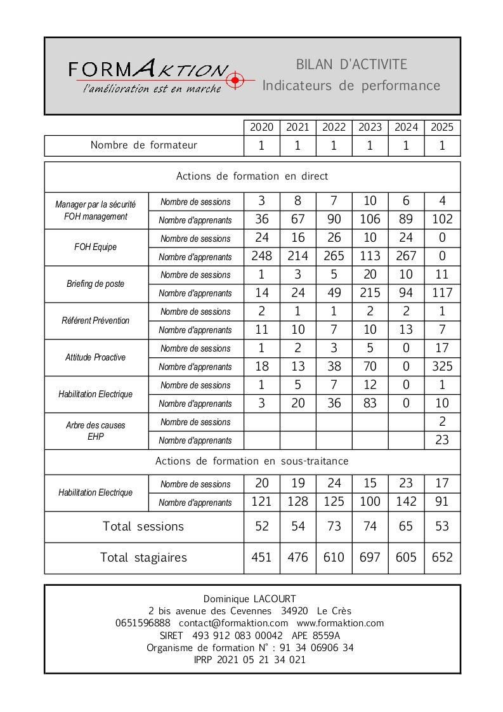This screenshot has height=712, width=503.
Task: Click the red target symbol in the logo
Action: [x=235, y=80]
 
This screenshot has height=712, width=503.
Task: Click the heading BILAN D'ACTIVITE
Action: [x=351, y=64]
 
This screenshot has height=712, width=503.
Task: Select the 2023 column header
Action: [x=370, y=127]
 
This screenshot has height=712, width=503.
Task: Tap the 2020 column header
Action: [x=261, y=127]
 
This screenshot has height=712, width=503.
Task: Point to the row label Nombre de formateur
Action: [x=144, y=145]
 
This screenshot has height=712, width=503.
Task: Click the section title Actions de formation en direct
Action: [x=252, y=176]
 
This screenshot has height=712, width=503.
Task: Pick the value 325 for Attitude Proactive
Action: [x=442, y=366]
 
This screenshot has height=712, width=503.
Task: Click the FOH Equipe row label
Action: [x=96, y=247]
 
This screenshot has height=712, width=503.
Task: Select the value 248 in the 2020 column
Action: [x=261, y=256]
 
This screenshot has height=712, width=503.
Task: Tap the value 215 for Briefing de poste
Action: [x=370, y=293]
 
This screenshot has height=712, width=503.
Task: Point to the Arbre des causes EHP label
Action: [x=96, y=430]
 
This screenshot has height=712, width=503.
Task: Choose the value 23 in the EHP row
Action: [x=442, y=440]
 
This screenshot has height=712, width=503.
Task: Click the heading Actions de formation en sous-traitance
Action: [x=252, y=461]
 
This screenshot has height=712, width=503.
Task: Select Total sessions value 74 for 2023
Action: [x=370, y=526]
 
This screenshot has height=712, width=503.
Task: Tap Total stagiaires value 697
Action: [x=370, y=557]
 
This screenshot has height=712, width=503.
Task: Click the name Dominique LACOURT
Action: [x=249, y=598]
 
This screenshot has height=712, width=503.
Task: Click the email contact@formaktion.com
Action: [x=233, y=623]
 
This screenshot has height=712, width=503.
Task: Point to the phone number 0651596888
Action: [x=143, y=623]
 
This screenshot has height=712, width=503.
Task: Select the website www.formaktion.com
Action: [x=340, y=623]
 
